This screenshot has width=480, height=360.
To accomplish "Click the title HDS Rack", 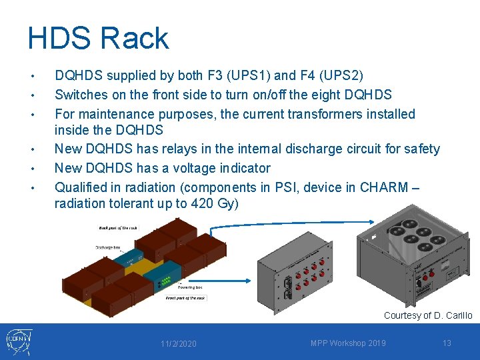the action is [x=98, y=38].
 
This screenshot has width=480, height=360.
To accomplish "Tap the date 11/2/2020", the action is [x=178, y=343].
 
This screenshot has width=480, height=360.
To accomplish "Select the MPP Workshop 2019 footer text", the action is [x=348, y=343].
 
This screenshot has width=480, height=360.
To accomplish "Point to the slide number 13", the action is [x=447, y=343].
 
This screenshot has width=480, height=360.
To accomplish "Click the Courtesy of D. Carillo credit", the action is [x=427, y=315].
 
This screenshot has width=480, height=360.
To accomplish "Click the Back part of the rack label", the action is [x=118, y=228].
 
